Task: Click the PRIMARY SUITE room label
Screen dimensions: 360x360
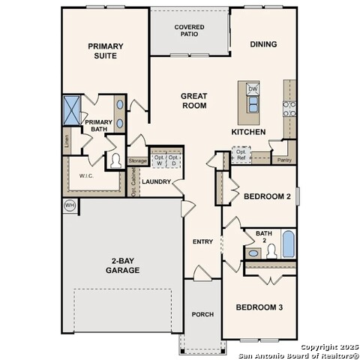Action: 105,50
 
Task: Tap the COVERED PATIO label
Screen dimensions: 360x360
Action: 189,30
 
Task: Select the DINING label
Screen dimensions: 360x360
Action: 262,44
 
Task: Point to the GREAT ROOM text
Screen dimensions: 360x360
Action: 193,100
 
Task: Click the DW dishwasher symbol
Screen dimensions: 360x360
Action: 253,89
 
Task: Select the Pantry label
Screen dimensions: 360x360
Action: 283,160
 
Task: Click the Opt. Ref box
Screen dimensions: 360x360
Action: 241,154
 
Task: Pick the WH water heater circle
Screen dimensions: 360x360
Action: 70,205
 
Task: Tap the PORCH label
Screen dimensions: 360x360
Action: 202,314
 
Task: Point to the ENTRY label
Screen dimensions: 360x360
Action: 202,241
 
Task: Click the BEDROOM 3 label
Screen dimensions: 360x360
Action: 259,307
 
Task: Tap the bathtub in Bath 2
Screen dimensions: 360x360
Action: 288,244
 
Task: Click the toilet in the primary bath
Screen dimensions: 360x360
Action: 115,160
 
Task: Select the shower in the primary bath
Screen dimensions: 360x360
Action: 73,109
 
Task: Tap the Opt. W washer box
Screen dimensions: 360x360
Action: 159,160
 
